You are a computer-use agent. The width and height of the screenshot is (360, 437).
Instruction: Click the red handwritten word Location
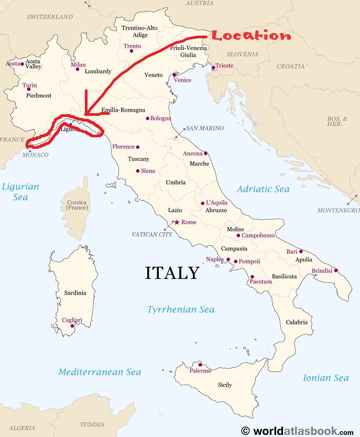(251, 36)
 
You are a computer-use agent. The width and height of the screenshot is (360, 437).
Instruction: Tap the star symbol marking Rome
(177, 222)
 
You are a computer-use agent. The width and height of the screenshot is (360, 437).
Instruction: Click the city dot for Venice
(174, 75)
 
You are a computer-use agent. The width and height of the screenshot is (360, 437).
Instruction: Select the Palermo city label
(201, 371)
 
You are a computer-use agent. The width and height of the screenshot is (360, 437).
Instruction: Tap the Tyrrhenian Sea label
(181, 310)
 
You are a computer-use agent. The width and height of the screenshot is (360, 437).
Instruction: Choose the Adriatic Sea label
(263, 189)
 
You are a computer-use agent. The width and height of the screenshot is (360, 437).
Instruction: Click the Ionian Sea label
(326, 378)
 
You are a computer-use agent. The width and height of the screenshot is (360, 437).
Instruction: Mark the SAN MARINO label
(204, 128)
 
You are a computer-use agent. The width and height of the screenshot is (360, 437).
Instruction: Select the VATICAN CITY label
(152, 234)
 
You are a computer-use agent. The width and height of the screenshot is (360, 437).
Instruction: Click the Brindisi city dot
(336, 271)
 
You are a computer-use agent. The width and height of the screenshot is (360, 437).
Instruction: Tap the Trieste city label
(224, 65)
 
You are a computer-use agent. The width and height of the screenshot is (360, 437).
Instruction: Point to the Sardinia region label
(75, 293)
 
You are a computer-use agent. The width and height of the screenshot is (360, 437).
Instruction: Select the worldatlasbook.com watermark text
(303, 431)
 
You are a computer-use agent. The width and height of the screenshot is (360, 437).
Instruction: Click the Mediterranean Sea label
(100, 372)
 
